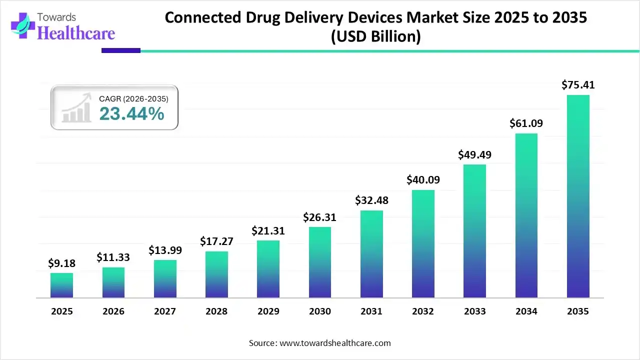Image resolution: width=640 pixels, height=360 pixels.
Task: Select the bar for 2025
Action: [x=61, y=285]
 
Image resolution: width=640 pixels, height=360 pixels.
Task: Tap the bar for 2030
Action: [x=320, y=262]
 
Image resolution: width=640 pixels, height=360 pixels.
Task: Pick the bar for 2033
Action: [x=474, y=231]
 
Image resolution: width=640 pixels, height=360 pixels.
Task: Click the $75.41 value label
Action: [x=578, y=85]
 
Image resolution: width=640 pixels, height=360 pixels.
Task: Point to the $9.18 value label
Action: [x=61, y=263]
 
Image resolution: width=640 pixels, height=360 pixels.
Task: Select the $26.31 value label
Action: [x=320, y=217]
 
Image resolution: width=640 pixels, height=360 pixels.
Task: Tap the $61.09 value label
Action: [x=526, y=123]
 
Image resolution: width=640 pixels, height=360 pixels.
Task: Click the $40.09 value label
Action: [x=423, y=179]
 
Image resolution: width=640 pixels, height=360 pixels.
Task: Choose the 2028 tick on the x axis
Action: [x=216, y=311]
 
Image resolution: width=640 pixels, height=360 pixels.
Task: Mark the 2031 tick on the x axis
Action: [x=371, y=311]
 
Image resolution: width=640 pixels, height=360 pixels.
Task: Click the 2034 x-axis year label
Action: [x=526, y=311]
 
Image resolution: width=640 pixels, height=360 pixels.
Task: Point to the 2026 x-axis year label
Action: [x=113, y=311]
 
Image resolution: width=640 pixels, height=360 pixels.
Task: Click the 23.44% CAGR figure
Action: [x=131, y=114]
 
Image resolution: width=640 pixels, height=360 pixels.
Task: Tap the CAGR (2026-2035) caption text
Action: [x=133, y=99]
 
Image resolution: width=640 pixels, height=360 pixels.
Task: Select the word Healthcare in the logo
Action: [x=76, y=33]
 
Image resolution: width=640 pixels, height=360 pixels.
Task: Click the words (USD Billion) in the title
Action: [x=375, y=37]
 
